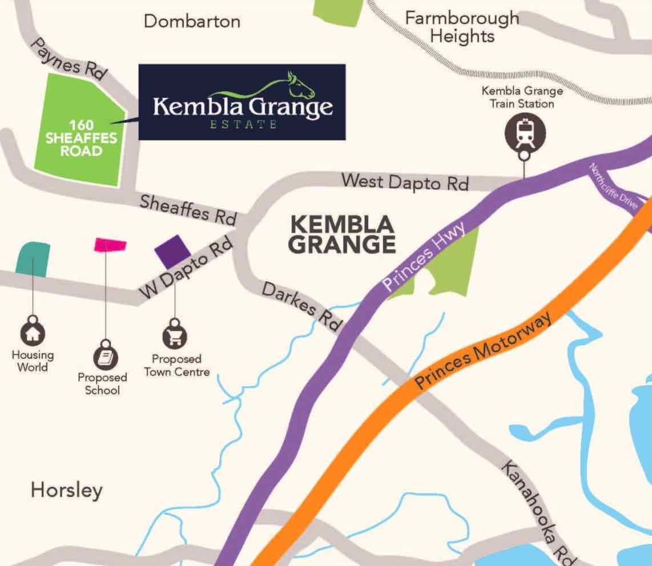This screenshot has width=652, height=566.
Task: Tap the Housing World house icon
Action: [33, 332]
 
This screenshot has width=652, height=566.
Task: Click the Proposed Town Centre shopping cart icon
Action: [175, 337]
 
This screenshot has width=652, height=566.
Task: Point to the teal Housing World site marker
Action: [33, 258]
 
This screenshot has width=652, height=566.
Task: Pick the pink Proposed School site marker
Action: [110, 245]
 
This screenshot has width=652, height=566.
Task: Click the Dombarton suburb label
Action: [192, 22]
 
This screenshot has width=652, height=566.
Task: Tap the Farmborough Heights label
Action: [462, 27]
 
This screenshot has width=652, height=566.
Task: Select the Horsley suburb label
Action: [67, 490]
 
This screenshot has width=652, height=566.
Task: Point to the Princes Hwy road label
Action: [425, 257]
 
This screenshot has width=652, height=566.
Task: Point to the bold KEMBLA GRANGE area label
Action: [341, 234]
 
